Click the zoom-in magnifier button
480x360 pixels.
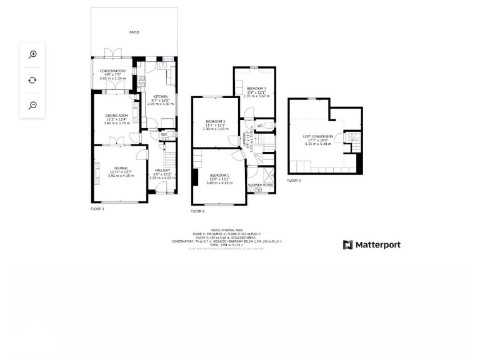click(x=32, y=55)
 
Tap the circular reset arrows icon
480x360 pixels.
click(x=32, y=80)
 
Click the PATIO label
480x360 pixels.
click(x=134, y=32)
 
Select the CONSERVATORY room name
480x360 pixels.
click(x=112, y=71)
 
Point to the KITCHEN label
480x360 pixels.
click(x=161, y=97)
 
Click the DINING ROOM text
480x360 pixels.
click(x=116, y=116)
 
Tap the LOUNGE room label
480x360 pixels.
click(x=121, y=168)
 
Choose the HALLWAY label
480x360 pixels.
click(x=162, y=170)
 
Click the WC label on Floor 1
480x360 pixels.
click(x=164, y=134)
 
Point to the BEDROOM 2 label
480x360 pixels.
click(x=216, y=121)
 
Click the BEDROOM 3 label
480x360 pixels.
click(x=256, y=89)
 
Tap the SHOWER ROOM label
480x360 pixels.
click(x=260, y=185)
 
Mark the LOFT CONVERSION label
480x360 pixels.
click(x=318, y=136)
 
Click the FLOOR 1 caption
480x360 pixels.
click(x=97, y=209)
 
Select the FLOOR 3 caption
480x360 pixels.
click(x=294, y=181)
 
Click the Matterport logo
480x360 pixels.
click(x=372, y=245)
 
